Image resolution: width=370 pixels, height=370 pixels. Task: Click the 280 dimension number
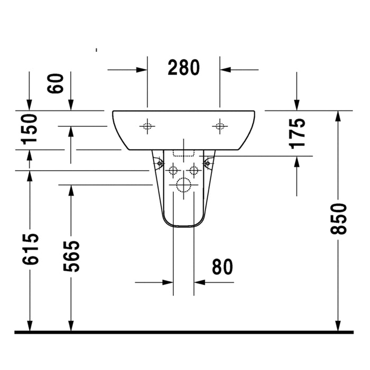(183, 68)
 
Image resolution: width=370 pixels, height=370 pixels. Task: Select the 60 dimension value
(55, 84)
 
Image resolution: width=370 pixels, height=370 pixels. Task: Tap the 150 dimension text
(29, 129)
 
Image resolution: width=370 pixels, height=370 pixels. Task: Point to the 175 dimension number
(297, 134)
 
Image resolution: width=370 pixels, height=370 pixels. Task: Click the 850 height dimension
(338, 219)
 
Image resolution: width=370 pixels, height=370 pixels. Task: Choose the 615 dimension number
(30, 249)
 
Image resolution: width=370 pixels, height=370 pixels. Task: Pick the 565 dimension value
(71, 256)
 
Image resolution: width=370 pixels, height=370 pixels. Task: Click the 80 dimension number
(223, 267)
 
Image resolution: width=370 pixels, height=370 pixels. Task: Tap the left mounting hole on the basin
(147, 126)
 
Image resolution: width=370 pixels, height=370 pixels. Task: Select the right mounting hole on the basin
(220, 126)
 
